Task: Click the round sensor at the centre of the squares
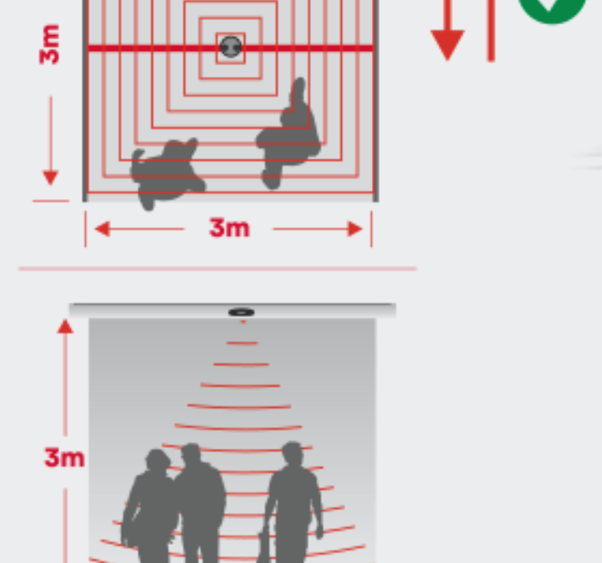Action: coord(231,48)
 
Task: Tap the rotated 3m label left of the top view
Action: coord(50,44)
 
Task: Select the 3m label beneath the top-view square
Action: coord(229,228)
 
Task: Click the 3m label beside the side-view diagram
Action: coord(64,457)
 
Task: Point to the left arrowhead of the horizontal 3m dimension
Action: coord(102,229)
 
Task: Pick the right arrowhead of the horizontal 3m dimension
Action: coord(354,229)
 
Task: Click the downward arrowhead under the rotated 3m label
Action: coord(51,178)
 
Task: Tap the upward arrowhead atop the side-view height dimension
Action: coord(65,326)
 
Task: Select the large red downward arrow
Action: coord(448,31)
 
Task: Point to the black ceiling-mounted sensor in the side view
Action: coord(242,312)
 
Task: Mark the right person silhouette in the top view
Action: coord(288,133)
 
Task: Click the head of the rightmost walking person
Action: coord(293,454)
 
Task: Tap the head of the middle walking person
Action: coord(191,454)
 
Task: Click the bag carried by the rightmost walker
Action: coord(264,547)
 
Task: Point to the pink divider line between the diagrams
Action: coord(218,269)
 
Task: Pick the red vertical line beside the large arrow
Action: coord(491,31)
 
